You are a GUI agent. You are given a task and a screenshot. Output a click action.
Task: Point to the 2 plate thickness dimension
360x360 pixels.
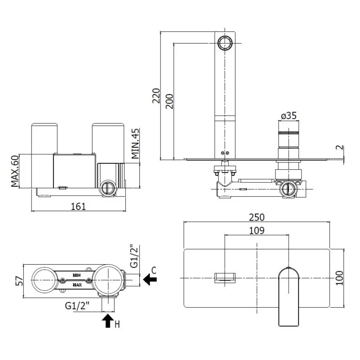(339, 148)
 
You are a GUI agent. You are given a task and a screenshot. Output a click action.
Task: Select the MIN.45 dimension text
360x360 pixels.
(135, 144)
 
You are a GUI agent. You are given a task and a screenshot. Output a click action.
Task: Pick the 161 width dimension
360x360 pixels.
(78, 206)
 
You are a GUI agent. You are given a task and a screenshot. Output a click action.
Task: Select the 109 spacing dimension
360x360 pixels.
(257, 231)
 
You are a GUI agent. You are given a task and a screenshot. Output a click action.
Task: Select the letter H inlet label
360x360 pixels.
(117, 324)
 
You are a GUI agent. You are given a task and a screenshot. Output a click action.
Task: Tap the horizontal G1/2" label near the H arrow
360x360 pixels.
(78, 306)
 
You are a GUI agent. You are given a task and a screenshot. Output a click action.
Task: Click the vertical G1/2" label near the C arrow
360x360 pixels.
(134, 256)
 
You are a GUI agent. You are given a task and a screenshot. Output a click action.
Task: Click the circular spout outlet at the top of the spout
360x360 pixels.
(225, 43)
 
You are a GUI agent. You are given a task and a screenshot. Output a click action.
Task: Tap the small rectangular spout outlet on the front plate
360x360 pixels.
(225, 277)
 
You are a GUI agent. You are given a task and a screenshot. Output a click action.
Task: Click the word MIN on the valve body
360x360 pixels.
(77, 275)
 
